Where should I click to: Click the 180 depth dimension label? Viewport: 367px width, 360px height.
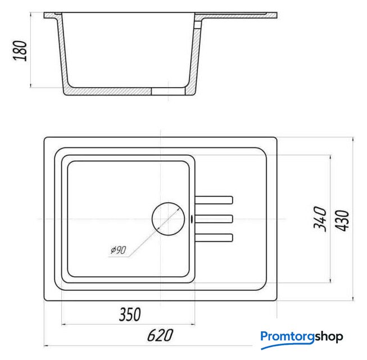pyautogui.click(x=20, y=51)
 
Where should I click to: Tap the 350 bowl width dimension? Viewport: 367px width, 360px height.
pyautogui.click(x=130, y=314)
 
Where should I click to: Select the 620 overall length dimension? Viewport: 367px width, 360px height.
pyautogui.click(x=160, y=335)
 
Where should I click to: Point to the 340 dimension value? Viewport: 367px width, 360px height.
pyautogui.click(x=320, y=219)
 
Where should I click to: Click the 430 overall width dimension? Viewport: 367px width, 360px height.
pyautogui.click(x=342, y=220)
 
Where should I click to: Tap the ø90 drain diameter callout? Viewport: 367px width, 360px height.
pyautogui.click(x=119, y=250)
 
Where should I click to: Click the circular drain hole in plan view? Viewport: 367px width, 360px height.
pyautogui.click(x=168, y=219)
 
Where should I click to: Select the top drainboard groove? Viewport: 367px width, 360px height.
pyautogui.click(x=214, y=200)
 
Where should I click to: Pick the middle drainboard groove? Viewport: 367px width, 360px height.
pyautogui.click(x=214, y=219)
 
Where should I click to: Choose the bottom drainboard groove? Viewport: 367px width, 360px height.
pyautogui.click(x=214, y=237)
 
